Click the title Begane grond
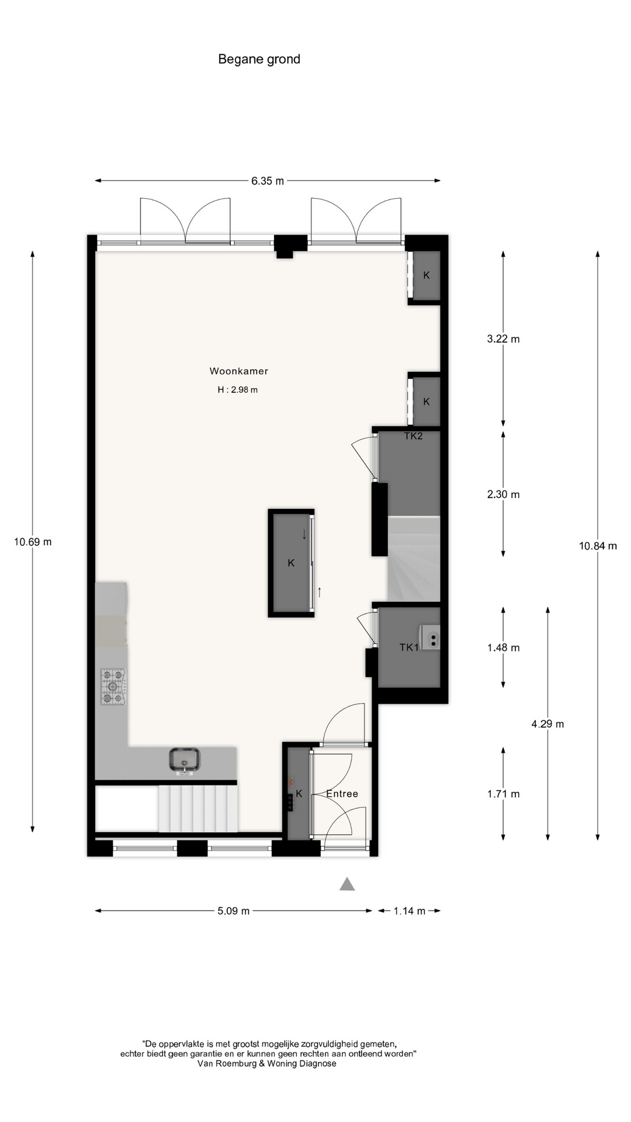pyautogui.click(x=259, y=59)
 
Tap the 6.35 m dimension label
pyautogui.click(x=268, y=181)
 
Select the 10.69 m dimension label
pyautogui.click(x=33, y=542)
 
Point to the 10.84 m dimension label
pyautogui.click(x=598, y=546)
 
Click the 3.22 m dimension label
pyautogui.click(x=503, y=339)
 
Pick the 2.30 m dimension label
pyautogui.click(x=503, y=494)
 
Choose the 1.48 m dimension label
pyautogui.click(x=503, y=647)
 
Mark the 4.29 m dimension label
pyautogui.click(x=547, y=724)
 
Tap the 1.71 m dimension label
pyautogui.click(x=503, y=794)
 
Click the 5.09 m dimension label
pyautogui.click(x=234, y=911)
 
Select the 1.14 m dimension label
pyautogui.click(x=409, y=911)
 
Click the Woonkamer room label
pyautogui.click(x=238, y=371)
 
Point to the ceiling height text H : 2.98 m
pyautogui.click(x=237, y=390)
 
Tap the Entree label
pyautogui.click(x=342, y=794)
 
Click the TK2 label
pyautogui.click(x=413, y=436)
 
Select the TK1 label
pyautogui.click(x=409, y=647)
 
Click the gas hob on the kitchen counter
pyautogui.click(x=113, y=686)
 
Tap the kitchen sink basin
pyautogui.click(x=185, y=759)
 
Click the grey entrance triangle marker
pyautogui.click(x=347, y=884)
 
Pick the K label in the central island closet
pyautogui.click(x=291, y=563)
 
